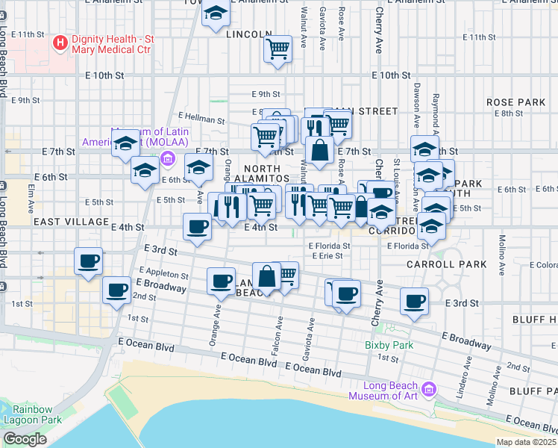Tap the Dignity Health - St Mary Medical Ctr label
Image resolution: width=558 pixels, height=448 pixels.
pyautogui.click(x=111, y=44)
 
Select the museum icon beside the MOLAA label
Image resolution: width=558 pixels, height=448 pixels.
pyautogui.click(x=167, y=158)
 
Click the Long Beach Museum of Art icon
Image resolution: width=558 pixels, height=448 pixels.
pyautogui.click(x=428, y=390)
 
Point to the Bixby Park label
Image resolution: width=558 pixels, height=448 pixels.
pyautogui.click(x=389, y=346)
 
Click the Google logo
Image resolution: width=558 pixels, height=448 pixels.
pyautogui.click(x=25, y=439)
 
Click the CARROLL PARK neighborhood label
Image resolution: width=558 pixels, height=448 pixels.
pyautogui.click(x=446, y=264)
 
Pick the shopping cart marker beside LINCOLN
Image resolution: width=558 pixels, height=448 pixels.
pyautogui.click(x=278, y=49)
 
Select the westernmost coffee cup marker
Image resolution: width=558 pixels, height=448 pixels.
pyautogui.click(x=89, y=261)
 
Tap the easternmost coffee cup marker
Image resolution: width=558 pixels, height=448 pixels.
pyautogui.click(x=414, y=302)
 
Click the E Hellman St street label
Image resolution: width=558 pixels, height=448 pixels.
pyautogui.click(x=201, y=119)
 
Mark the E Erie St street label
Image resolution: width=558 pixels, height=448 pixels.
pyautogui.click(x=326, y=255)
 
